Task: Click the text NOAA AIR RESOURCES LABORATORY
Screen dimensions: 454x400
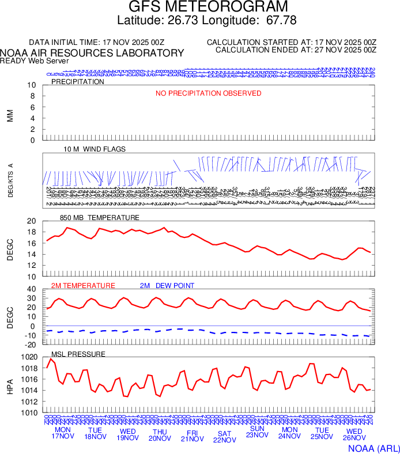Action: click(92, 53)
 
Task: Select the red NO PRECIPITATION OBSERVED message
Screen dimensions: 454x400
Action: click(208, 93)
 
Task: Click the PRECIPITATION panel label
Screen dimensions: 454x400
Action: click(78, 82)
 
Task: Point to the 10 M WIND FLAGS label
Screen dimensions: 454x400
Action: click(95, 149)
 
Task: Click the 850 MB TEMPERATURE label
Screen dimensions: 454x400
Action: click(100, 218)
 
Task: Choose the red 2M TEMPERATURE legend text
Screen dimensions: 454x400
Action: click(83, 286)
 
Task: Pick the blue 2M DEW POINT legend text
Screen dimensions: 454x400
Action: click(167, 286)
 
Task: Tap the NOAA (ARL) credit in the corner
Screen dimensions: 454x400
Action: click(372, 447)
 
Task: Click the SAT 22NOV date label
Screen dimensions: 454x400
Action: click(224, 437)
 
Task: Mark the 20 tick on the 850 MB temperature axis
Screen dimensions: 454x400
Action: click(31, 221)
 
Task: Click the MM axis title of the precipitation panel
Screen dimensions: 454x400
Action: click(10, 115)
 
